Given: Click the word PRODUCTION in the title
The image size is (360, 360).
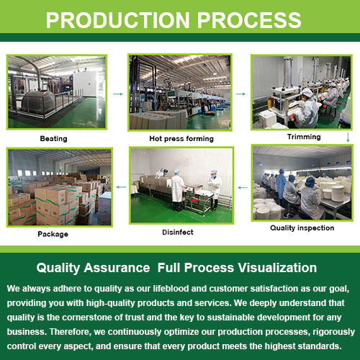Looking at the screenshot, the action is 117,20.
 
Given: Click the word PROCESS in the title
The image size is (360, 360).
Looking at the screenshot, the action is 249,20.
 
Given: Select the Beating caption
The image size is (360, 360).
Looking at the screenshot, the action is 53,138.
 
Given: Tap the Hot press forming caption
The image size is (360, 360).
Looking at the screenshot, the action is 181,138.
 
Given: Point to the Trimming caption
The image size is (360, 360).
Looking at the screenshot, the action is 304,137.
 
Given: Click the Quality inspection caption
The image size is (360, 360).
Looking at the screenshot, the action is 302,228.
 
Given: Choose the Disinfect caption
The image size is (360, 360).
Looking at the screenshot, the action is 178,232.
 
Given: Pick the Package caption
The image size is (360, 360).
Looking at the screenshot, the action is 53,234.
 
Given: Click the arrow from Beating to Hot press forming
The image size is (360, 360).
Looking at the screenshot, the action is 118,94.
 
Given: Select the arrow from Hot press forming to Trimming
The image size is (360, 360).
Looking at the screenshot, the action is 240,94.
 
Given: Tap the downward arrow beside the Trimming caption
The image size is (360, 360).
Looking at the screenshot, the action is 348,137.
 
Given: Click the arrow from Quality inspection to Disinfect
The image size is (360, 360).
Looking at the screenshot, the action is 243,187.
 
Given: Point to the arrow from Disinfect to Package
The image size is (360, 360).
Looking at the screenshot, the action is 121,187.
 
